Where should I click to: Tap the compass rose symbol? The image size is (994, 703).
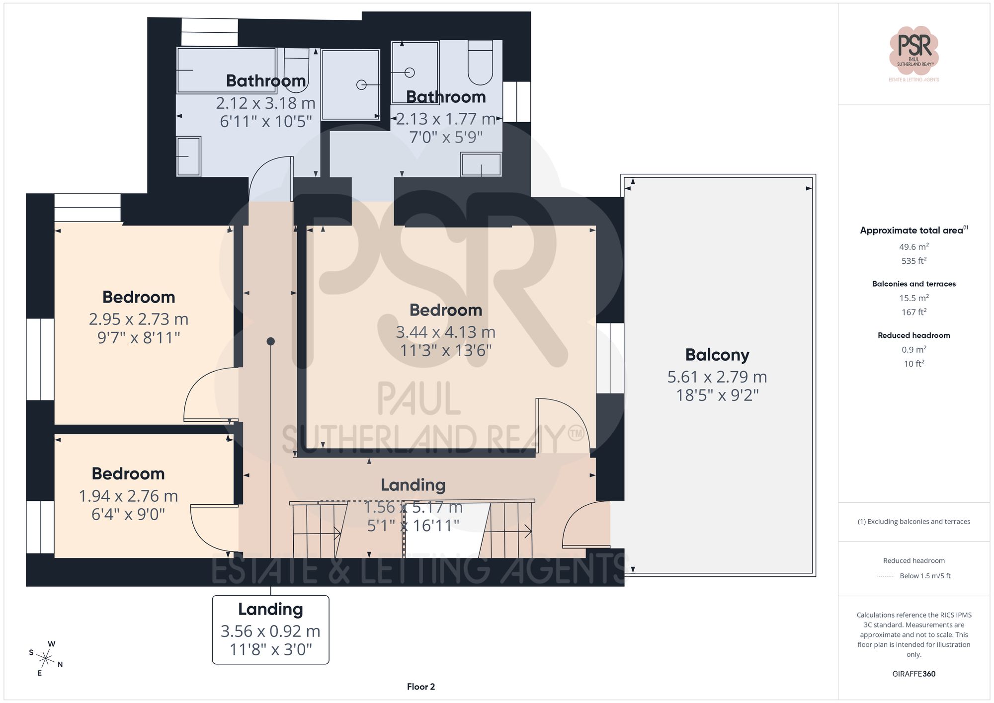[x=46, y=659]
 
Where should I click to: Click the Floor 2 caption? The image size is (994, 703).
[x=420, y=687]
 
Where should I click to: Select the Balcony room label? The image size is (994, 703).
[x=717, y=355]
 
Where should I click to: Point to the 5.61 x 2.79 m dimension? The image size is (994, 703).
[x=717, y=377]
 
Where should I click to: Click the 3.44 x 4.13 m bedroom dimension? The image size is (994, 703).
[x=445, y=332]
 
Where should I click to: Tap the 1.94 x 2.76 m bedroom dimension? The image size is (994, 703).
[x=128, y=496]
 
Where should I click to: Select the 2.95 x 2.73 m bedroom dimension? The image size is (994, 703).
[x=138, y=319]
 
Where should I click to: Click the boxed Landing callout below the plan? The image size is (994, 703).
[x=270, y=629]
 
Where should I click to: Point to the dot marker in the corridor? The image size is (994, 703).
[x=270, y=341]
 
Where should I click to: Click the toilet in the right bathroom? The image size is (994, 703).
[x=480, y=64]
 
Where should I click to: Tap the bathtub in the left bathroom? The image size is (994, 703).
[x=226, y=70]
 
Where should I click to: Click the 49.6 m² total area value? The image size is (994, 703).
[x=913, y=247]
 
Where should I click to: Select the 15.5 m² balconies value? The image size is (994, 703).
[x=913, y=298]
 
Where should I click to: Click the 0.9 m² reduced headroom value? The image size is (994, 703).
[x=913, y=350]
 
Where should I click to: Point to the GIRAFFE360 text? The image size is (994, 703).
[x=913, y=674]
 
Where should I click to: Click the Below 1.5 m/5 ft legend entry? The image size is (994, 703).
[x=924, y=576]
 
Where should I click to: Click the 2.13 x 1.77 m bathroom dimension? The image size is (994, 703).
[x=445, y=119]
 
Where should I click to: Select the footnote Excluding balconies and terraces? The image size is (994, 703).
[x=913, y=522]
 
